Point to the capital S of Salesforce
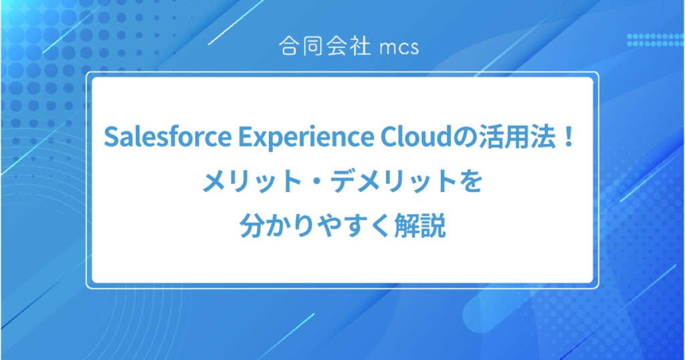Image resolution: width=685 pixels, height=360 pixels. pos(110,139)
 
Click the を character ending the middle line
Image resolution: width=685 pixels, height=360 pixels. pos(472,182)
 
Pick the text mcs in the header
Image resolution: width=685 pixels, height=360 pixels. pos(398,48)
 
